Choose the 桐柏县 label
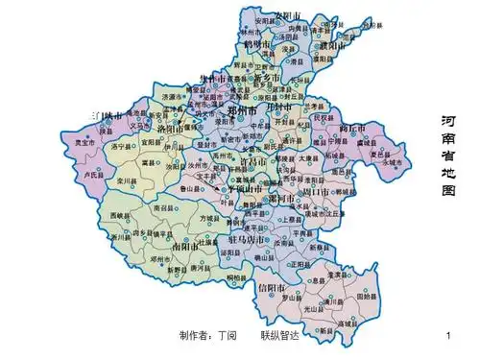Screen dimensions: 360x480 (x=236, y=277)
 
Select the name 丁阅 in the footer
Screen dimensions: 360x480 (x=236, y=337)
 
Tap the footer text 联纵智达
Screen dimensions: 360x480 (x=280, y=337)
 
